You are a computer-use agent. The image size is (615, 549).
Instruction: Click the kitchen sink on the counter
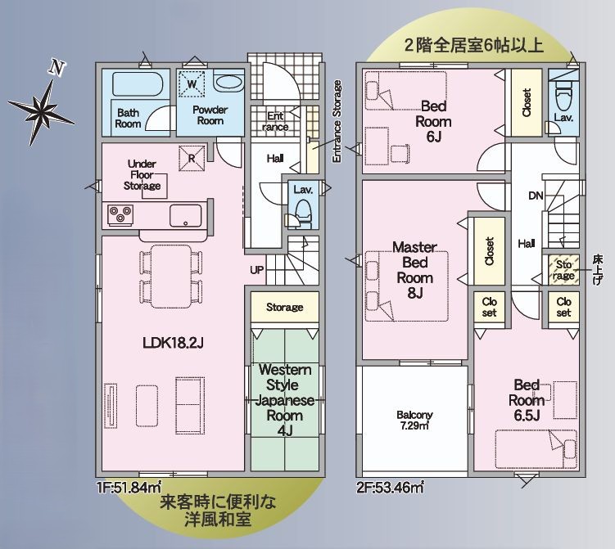click(186, 216)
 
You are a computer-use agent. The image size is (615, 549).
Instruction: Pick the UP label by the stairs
click(257, 269)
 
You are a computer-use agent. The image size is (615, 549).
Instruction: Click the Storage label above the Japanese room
click(284, 308)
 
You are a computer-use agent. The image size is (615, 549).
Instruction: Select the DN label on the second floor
click(536, 196)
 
